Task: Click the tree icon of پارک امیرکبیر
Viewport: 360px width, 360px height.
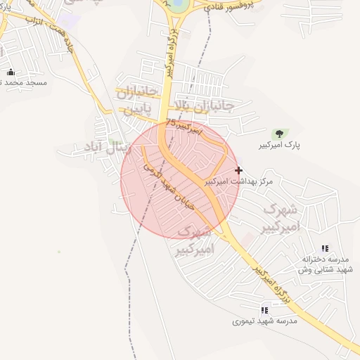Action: pyautogui.click(x=279, y=134)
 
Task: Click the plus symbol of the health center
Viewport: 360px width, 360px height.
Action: pyautogui.click(x=239, y=170)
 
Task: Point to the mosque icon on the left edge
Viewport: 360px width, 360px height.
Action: pyautogui.click(x=11, y=72)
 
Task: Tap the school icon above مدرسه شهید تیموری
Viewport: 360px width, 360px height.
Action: pyautogui.click(x=264, y=310)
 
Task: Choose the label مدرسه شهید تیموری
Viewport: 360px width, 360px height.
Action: pyautogui.click(x=264, y=321)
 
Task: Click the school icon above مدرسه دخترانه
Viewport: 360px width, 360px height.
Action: pyautogui.click(x=324, y=248)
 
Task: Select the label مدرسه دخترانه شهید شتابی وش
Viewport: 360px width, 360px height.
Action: pyautogui.click(x=324, y=264)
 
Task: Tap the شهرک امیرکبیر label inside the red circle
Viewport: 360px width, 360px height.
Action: pyautogui.click(x=194, y=240)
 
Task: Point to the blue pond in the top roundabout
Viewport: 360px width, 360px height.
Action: pyautogui.click(x=179, y=5)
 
